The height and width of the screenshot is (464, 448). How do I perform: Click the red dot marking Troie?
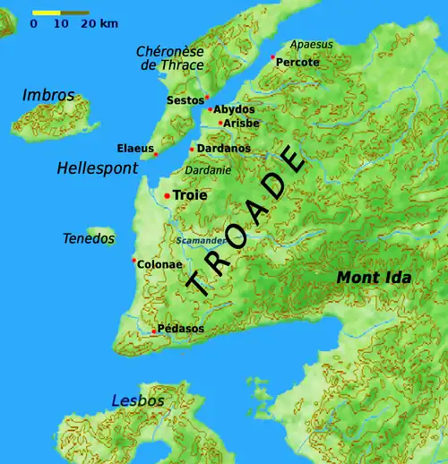click(x=167, y=195)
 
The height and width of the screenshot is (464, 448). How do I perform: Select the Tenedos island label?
click(x=89, y=238)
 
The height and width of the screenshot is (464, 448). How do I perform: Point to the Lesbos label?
click(x=138, y=400)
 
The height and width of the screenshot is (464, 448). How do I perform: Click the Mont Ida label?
click(x=374, y=279)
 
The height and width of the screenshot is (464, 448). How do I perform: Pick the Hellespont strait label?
click(x=97, y=168)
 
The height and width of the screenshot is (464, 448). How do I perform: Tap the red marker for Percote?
click(x=272, y=56)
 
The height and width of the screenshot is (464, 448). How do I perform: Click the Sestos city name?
click(x=185, y=100)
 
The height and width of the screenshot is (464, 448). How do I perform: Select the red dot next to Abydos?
click(x=210, y=109)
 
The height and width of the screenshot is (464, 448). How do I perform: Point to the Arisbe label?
click(x=241, y=123)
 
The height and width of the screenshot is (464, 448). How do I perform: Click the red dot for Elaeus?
click(x=156, y=155)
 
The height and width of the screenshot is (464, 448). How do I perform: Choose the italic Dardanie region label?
click(x=208, y=170)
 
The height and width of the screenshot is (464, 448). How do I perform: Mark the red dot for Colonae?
click(x=134, y=261)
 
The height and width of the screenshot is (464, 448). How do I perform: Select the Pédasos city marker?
click(x=154, y=331)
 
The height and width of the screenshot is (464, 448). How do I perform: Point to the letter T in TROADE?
click(x=199, y=286)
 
